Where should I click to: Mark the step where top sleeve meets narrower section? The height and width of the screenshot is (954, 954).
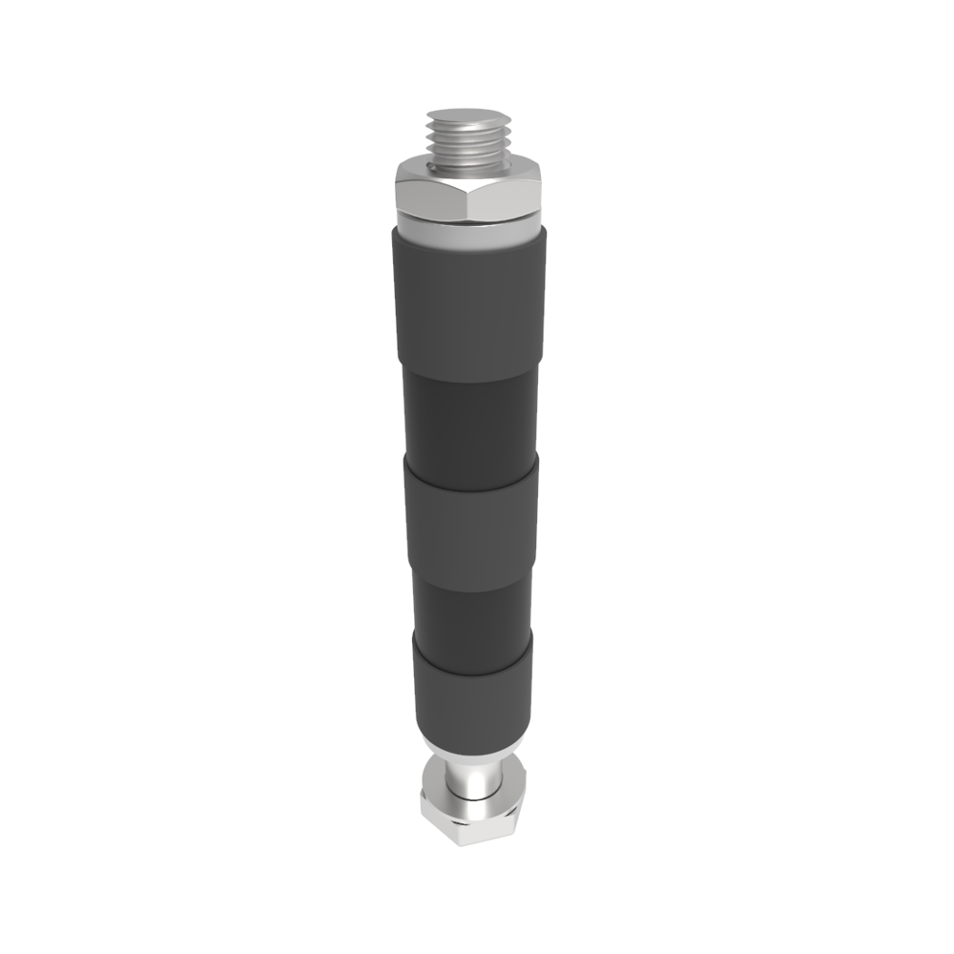click(x=467, y=373)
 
